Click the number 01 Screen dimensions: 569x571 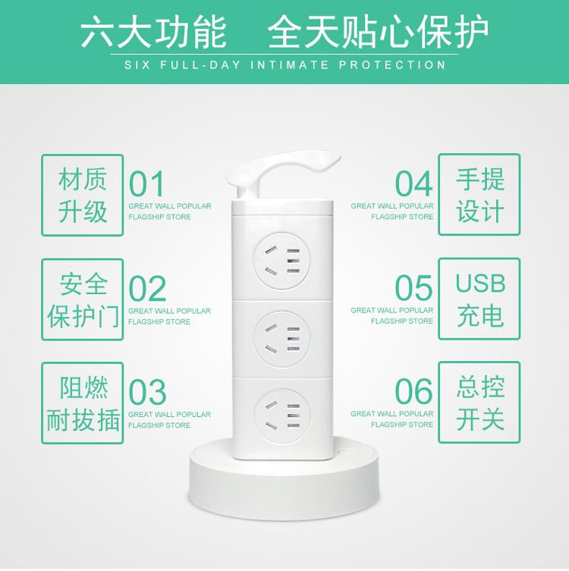coord(146,184)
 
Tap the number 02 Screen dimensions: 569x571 coord(147,288)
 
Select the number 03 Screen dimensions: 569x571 coord(147,392)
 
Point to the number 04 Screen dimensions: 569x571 coord(413,184)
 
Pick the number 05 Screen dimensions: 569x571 coord(413,288)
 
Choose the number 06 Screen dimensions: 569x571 coord(413,391)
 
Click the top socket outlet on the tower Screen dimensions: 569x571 coord(282,261)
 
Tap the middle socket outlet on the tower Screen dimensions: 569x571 coord(282,339)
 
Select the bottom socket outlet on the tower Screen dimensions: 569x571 coord(282,416)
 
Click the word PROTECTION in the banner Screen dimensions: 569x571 coord(392,65)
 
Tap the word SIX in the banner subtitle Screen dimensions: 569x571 coord(137,65)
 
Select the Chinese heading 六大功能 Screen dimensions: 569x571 coord(153,32)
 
